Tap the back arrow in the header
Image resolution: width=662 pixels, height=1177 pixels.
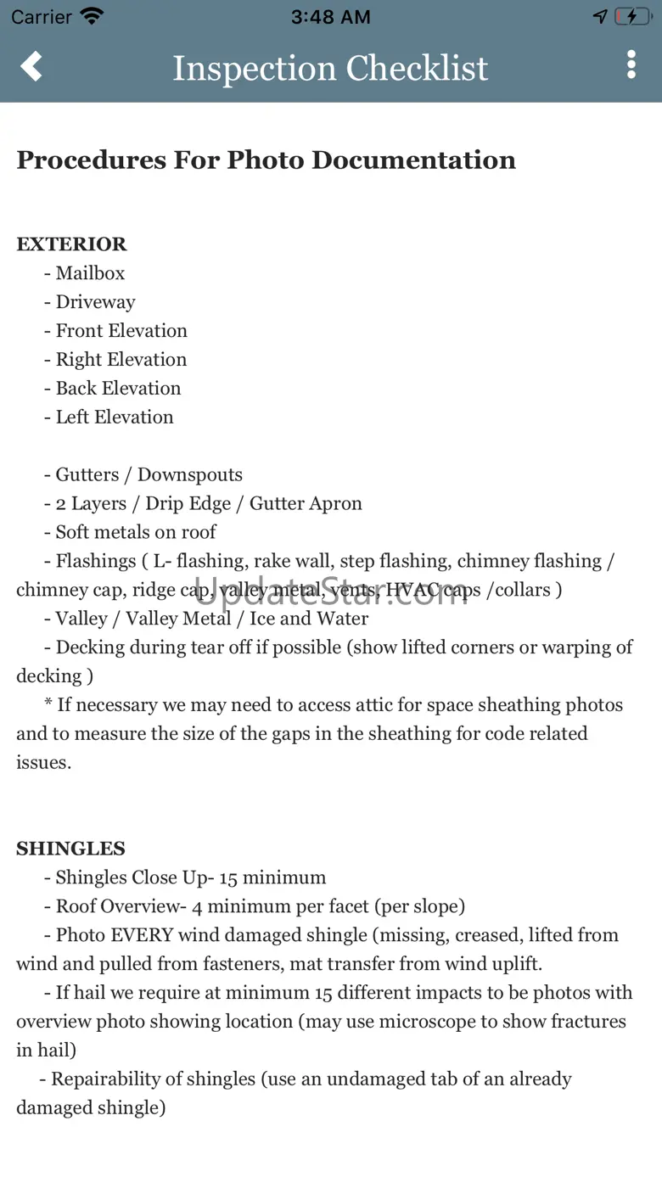(31, 66)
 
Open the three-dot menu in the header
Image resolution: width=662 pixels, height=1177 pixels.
(631, 64)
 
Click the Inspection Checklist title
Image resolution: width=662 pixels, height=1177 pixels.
(330, 68)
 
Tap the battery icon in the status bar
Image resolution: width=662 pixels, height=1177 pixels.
(632, 16)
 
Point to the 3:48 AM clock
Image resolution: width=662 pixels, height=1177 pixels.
(330, 17)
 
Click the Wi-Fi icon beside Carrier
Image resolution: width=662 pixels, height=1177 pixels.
(91, 16)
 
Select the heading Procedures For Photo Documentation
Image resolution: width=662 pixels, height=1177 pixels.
(266, 160)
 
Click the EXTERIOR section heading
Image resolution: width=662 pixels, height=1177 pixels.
(71, 244)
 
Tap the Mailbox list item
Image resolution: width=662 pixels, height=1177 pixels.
(90, 273)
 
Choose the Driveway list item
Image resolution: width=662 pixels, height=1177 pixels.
(95, 302)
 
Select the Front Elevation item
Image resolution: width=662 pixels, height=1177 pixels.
(121, 331)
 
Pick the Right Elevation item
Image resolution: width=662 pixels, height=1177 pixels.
(121, 360)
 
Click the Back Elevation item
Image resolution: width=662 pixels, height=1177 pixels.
(118, 389)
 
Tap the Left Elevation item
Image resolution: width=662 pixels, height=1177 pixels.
(114, 418)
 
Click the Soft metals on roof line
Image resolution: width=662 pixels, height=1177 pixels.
(136, 532)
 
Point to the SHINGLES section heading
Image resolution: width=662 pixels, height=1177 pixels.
(70, 849)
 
